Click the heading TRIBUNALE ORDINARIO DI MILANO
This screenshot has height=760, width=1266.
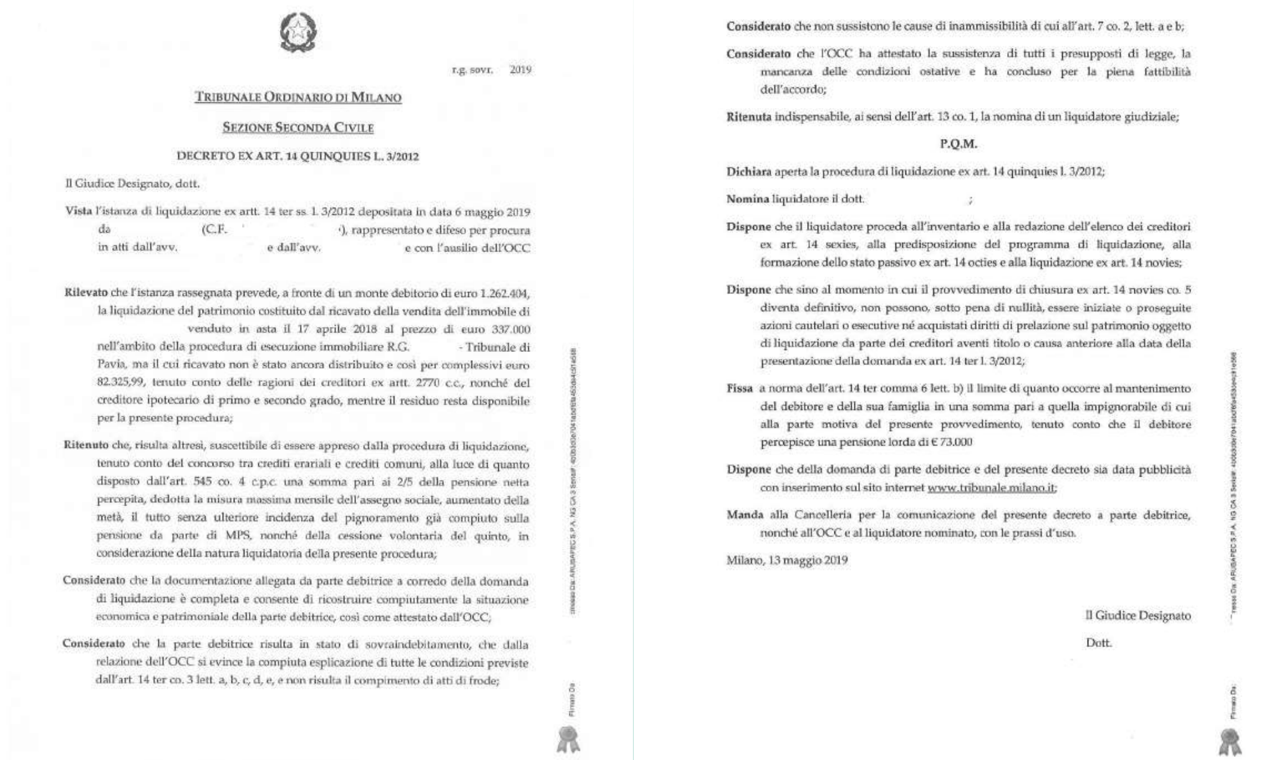pos(298,97)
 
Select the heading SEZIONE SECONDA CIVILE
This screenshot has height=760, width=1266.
pos(298,128)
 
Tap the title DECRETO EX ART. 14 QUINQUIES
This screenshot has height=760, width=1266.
pos(297,156)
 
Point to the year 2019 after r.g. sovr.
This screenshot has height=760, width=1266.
pos(520,69)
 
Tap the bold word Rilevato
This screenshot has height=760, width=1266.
pos(86,293)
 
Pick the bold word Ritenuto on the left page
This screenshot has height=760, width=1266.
pos(86,446)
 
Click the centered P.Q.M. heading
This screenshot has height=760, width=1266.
pos(959,144)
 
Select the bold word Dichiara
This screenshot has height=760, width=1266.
pos(748,172)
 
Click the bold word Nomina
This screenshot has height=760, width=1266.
pos(747,199)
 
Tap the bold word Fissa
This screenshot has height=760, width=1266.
pos(740,388)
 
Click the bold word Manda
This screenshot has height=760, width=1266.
pos(745,515)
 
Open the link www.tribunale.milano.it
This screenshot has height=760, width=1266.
pos(992,487)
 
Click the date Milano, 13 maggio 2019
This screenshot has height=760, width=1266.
pos(786,560)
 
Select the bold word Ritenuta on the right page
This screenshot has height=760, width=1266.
pos(748,117)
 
